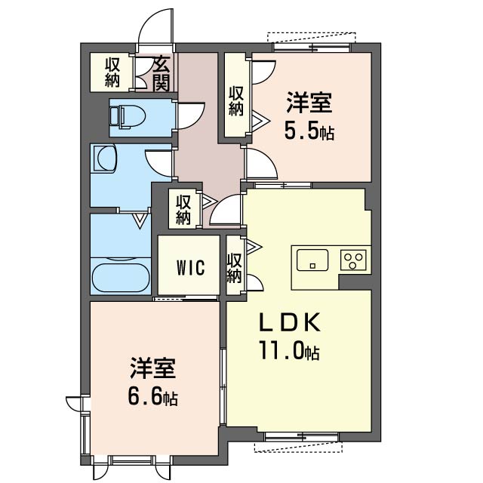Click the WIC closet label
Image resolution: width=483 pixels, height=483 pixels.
[191, 267]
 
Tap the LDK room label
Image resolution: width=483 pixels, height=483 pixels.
[290, 322]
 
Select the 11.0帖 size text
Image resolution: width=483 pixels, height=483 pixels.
[290, 350]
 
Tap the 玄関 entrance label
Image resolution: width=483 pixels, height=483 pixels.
[162, 75]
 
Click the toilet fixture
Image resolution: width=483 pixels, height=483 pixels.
[128, 117]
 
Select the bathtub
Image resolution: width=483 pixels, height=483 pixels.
[121, 277]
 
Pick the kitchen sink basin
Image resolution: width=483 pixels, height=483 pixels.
[312, 260]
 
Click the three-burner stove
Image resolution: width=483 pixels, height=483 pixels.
[354, 260]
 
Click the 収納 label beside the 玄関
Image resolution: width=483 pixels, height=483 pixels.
[112, 72]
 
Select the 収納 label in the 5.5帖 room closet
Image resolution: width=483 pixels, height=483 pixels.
[236, 101]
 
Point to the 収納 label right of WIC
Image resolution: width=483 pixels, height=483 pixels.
[234, 268]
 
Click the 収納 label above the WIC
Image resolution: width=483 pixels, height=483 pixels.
[183, 211]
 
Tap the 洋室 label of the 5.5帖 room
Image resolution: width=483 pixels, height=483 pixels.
[309, 103]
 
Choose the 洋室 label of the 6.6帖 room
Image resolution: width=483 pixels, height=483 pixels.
[152, 368]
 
